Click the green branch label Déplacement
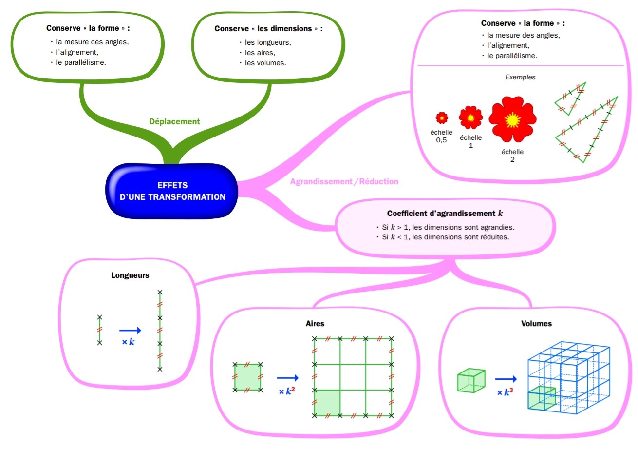tap(174, 121)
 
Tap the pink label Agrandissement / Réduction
tap(344, 181)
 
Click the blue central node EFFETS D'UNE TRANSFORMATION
tap(172, 191)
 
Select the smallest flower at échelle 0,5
tap(442, 117)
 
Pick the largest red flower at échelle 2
tap(512, 119)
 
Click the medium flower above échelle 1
tap(470, 117)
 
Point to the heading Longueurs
tap(130, 275)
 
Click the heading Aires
tap(315, 323)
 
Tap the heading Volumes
tap(536, 323)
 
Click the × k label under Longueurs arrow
tap(128, 342)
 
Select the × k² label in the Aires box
tap(287, 391)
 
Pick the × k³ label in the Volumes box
tap(505, 392)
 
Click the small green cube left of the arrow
tap(471, 380)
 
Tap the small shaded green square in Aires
tap(247, 377)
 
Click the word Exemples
tap(520, 77)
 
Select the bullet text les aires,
tap(260, 53)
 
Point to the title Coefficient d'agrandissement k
tap(445, 214)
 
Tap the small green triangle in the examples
tap(570, 98)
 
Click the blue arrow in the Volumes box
tap(506, 379)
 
